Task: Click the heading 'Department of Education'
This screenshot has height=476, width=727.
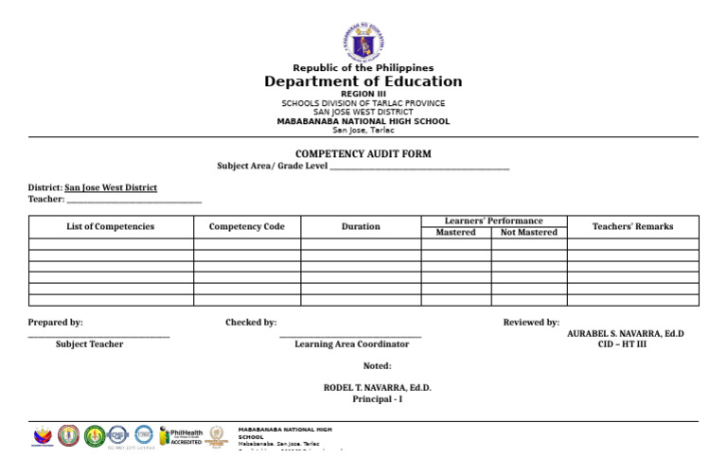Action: [363, 82]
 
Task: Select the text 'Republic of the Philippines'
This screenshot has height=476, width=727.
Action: [363, 68]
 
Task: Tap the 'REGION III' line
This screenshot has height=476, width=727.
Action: [363, 95]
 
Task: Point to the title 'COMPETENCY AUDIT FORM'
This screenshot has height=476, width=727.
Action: [363, 153]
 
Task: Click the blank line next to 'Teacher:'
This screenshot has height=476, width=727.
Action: [133, 200]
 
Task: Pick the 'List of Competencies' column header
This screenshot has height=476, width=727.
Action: [110, 227]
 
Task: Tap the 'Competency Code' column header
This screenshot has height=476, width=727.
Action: [246, 227]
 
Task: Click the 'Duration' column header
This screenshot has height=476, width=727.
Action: [361, 227]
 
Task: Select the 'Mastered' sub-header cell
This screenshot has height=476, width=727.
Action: [455, 233]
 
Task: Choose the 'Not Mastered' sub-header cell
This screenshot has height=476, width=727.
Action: [528, 233]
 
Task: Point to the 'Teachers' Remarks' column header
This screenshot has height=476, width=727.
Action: [632, 227]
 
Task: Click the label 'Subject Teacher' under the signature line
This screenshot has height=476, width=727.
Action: [89, 344]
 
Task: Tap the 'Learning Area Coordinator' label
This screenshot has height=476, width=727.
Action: [351, 344]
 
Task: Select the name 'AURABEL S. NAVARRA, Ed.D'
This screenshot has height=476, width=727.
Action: [625, 334]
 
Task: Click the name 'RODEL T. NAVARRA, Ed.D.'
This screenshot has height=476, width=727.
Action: [377, 388]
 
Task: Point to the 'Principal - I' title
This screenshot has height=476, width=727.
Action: [377, 399]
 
